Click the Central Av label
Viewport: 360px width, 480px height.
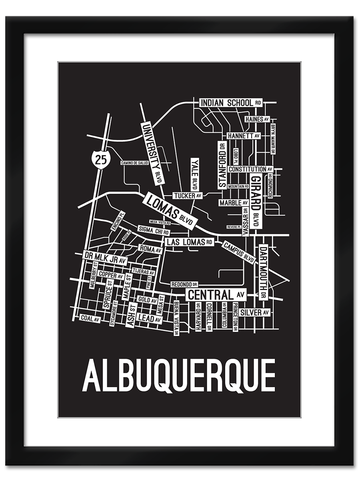point(216,295)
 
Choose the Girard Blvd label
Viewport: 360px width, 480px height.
point(256,200)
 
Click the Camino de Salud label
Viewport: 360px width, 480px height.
point(135,163)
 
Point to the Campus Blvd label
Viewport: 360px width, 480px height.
point(238,252)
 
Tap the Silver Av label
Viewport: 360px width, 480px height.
point(255,312)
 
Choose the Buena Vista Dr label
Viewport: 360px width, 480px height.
point(176,318)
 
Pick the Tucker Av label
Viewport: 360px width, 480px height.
point(188,196)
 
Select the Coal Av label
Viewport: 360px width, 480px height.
point(90,318)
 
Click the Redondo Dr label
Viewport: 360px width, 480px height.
point(184,284)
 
